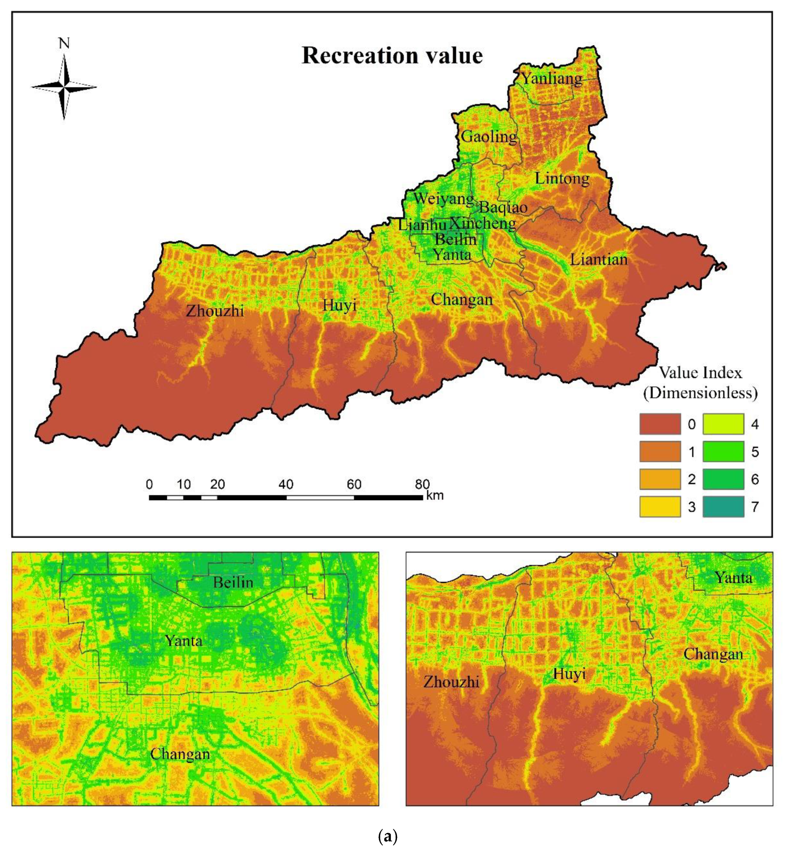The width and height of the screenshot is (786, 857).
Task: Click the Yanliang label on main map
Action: point(552,79)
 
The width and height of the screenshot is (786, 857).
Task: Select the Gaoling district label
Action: point(489,137)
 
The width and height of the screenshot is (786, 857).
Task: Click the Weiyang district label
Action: point(443,198)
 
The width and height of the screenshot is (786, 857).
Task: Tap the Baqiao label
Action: point(503,208)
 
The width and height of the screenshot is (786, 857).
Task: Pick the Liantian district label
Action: point(598,259)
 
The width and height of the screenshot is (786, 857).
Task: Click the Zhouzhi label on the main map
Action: point(215,311)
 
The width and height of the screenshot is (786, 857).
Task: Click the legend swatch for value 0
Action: point(660,424)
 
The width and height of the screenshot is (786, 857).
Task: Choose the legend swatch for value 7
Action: point(723,507)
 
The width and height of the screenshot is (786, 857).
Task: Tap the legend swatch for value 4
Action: point(723,424)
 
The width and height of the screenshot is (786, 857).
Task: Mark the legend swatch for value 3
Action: point(660,507)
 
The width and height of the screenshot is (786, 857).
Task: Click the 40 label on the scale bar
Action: point(286,484)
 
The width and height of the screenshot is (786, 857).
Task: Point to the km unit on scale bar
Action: point(435,495)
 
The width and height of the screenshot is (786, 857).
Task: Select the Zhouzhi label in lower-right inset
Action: point(451,682)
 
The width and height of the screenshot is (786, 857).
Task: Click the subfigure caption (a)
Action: point(388,836)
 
